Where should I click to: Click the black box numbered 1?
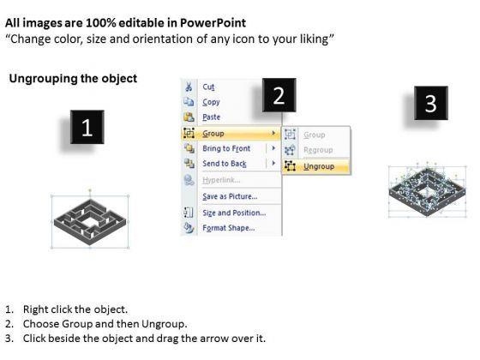[87, 127]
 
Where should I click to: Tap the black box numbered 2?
[279, 95]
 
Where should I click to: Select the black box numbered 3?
[430, 103]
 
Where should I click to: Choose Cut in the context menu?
[208, 87]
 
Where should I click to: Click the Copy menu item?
[211, 102]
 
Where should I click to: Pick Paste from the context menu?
[211, 117]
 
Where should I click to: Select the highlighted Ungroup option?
[319, 166]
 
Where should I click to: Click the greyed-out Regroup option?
[318, 150]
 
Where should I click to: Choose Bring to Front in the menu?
[226, 148]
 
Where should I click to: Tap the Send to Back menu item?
[225, 164]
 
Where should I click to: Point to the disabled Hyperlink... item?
[221, 180]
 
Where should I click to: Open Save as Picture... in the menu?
[230, 196]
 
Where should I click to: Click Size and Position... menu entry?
[234, 213]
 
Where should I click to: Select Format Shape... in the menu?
[228, 228]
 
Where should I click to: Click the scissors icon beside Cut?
[189, 87]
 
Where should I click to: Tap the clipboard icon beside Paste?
[189, 117]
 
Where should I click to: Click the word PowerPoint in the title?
[213, 23]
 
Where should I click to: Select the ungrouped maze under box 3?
[427, 192]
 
